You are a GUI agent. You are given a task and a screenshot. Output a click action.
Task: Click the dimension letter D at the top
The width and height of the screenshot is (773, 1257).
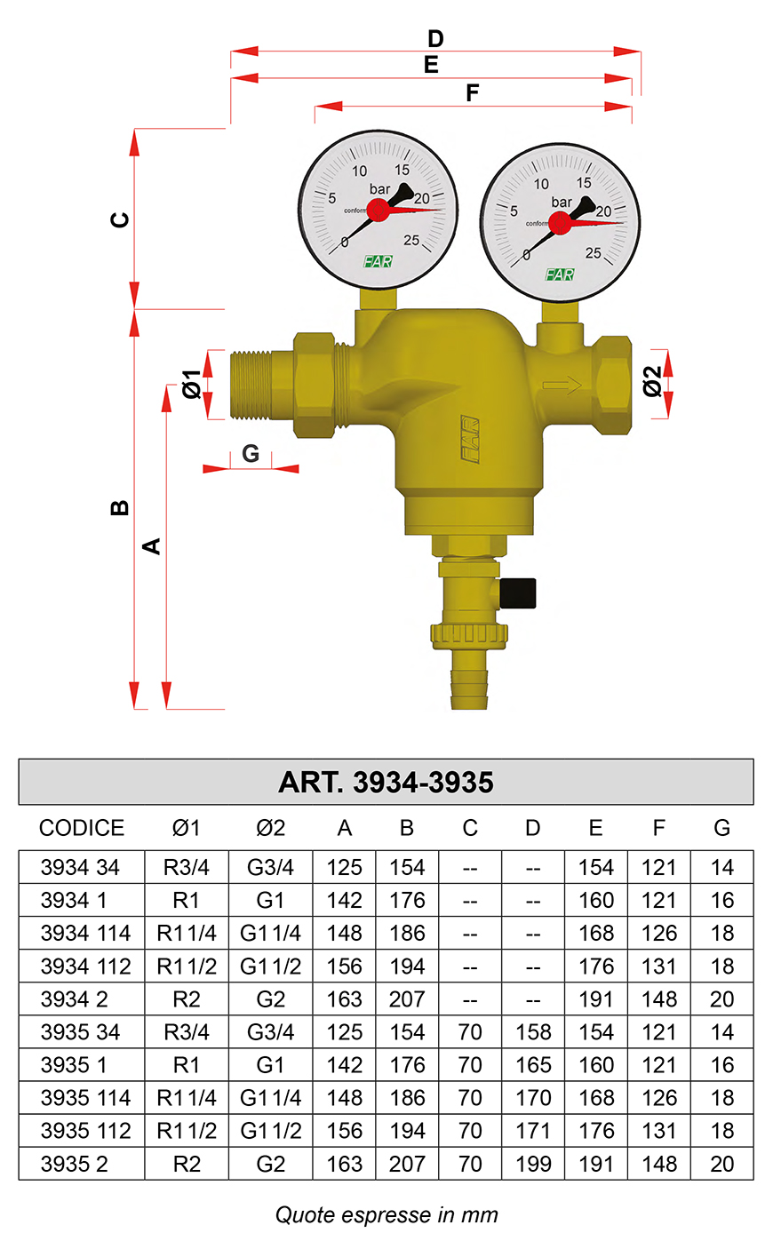coord(435,39)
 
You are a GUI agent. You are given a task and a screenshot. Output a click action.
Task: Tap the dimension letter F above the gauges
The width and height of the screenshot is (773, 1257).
coord(473,92)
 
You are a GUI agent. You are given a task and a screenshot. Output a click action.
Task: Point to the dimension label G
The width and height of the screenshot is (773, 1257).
coord(251,453)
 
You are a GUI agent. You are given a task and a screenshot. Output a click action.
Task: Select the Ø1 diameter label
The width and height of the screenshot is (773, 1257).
coord(191,384)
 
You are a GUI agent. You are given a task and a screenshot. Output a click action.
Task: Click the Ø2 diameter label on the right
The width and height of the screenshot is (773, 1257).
coord(652,382)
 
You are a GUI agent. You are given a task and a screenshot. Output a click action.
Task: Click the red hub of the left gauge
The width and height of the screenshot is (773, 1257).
coord(379,211)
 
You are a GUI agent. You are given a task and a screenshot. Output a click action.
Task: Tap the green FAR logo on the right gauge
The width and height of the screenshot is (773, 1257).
coord(560,274)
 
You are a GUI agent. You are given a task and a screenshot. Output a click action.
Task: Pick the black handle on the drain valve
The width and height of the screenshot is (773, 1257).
coord(517,593)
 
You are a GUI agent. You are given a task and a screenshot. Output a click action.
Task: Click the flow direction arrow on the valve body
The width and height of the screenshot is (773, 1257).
coord(562,385)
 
